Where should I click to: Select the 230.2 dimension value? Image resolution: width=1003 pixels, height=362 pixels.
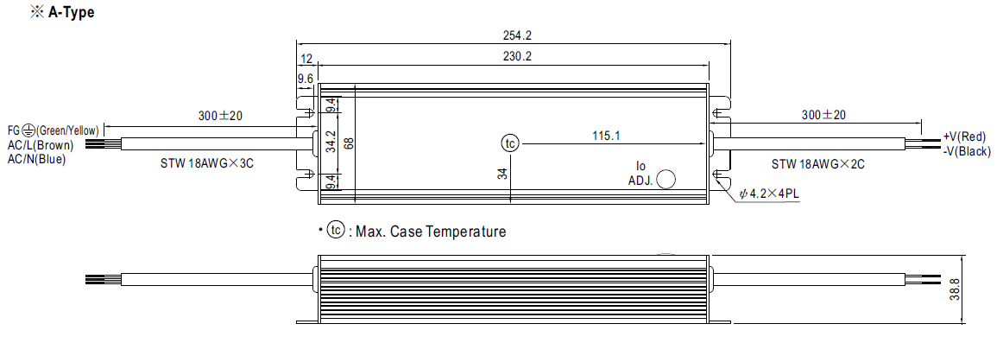coord(518,56)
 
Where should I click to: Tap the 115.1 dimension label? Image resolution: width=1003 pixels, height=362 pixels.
coord(607,136)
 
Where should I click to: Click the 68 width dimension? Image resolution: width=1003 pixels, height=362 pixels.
coord(349,143)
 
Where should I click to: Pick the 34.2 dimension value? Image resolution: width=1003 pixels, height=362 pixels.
coord(331,143)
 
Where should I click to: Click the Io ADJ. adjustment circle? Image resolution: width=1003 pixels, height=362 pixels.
coord(666,179)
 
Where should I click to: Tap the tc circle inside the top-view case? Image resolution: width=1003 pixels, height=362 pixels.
coord(510,143)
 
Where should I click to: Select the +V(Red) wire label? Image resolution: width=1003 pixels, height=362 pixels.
coord(965,137)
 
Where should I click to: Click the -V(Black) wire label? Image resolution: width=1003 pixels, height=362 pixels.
coord(967,152)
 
